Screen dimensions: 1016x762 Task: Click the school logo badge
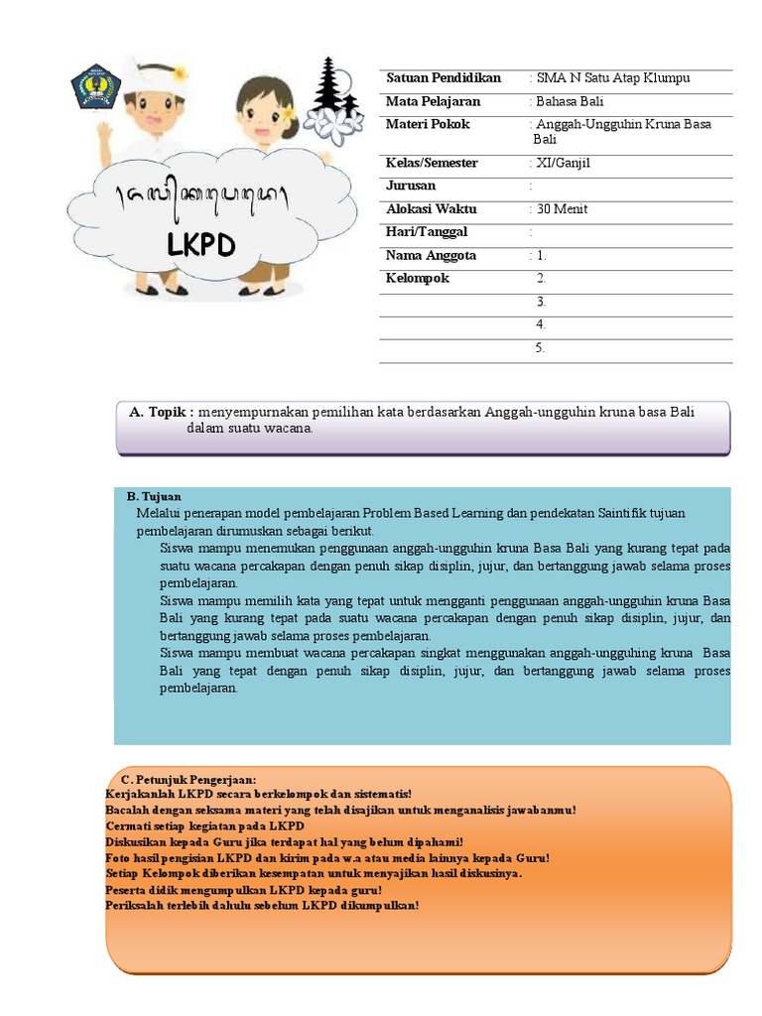point(95,88)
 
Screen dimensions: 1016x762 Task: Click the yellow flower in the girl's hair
point(288,116)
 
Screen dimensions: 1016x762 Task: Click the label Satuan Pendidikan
point(443,78)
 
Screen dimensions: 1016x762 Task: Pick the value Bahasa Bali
point(569,101)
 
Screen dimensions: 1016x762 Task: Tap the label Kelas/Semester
point(431,163)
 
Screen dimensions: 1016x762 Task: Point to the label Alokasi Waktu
point(431,209)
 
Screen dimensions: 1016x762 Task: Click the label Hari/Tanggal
point(426,232)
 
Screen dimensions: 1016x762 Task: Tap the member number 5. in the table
point(541,348)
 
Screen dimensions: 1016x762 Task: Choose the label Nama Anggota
point(431,256)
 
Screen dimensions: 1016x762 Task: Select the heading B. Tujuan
point(154,495)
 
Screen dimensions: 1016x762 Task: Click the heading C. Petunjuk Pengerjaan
point(189,780)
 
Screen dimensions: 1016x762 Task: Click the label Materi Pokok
point(428,125)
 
